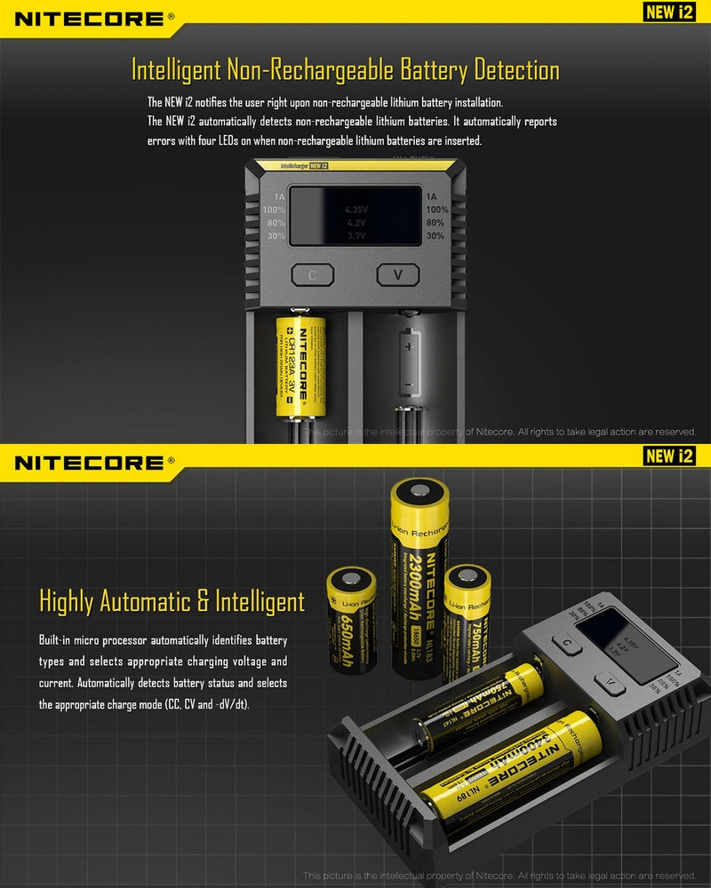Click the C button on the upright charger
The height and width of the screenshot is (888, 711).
coord(312,275)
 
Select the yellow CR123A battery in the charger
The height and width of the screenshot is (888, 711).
coord(300,366)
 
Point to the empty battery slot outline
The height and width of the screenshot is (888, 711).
coord(409,361)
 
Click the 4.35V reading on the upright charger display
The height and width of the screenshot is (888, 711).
coord(355,210)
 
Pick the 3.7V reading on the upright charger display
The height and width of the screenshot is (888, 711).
coord(355,236)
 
